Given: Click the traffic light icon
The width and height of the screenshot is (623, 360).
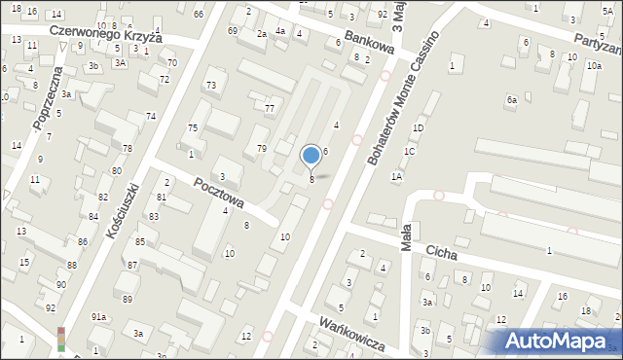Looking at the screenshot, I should click(x=61, y=338).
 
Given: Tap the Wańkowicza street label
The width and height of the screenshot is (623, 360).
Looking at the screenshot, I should click(x=350, y=336).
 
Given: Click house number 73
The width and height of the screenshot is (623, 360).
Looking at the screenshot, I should click(x=210, y=86).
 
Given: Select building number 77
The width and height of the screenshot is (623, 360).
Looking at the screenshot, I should click(x=269, y=108).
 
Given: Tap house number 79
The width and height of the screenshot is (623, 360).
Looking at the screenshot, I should click(x=261, y=148).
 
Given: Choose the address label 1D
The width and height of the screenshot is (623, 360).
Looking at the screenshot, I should click(x=418, y=128).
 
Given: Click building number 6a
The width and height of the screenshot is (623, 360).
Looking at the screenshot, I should click(x=510, y=99).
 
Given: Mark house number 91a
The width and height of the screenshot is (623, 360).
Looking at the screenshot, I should click(x=99, y=317).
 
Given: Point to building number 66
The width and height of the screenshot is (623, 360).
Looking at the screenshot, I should click(x=199, y=14).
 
